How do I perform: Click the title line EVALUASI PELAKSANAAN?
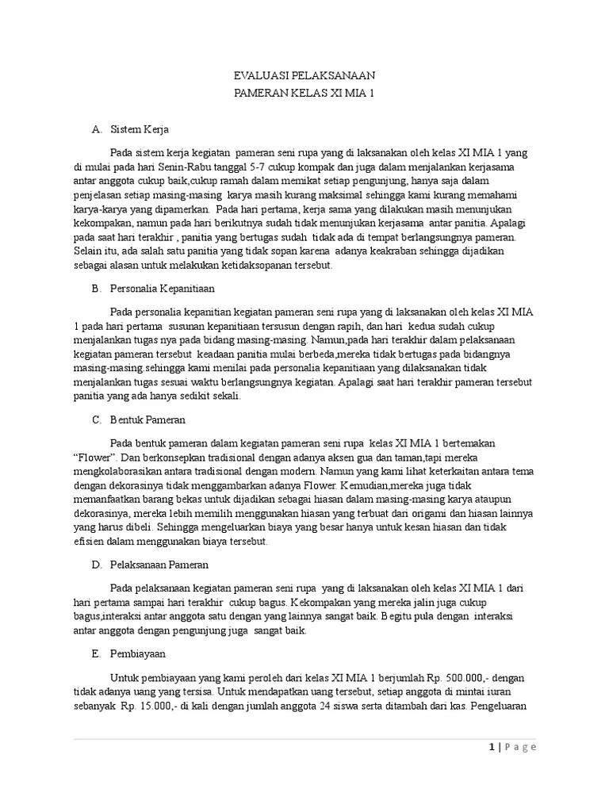(x=304, y=75)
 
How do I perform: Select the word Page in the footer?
(x=522, y=747)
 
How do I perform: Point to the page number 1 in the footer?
(x=492, y=747)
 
